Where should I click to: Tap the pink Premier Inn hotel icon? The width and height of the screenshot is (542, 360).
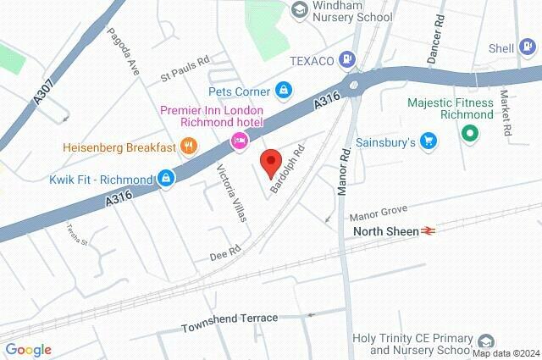click(240, 140)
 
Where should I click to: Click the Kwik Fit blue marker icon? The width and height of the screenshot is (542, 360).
click(166, 178)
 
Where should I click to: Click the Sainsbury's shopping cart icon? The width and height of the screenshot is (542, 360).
click(429, 141)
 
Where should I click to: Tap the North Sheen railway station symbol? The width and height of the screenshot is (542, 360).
click(429, 230)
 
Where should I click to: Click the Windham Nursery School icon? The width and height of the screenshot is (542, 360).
click(297, 9)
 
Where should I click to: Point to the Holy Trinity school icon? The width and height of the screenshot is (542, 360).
click(485, 341)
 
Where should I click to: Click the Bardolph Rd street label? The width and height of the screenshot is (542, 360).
click(287, 169)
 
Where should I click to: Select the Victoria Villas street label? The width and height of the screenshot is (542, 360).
click(234, 192)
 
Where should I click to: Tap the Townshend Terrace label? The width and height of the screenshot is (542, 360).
click(230, 318)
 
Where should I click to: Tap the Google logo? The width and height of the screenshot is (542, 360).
click(28, 350)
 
